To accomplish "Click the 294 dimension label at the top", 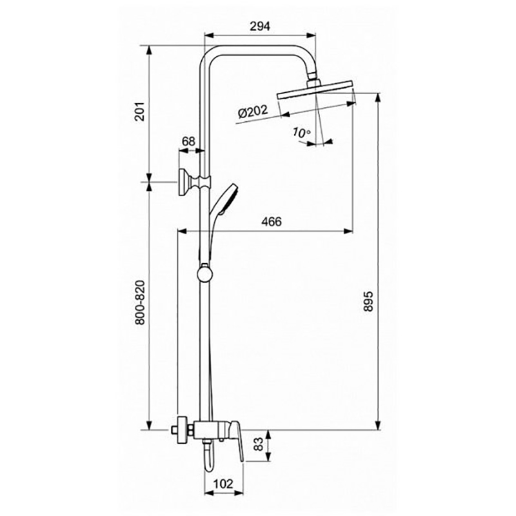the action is click(x=260, y=26).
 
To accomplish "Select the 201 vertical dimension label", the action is click(x=139, y=111).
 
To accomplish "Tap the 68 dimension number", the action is click(x=188, y=141).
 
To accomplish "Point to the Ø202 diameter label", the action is click(x=253, y=112).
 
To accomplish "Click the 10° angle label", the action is click(x=301, y=132).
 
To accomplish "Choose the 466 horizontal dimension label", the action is click(x=272, y=221).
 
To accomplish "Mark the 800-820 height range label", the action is click(x=140, y=303).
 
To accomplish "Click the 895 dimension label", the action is click(x=368, y=301).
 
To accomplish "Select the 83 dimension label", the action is click(x=259, y=444).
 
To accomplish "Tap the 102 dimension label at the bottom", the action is click(x=223, y=484).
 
